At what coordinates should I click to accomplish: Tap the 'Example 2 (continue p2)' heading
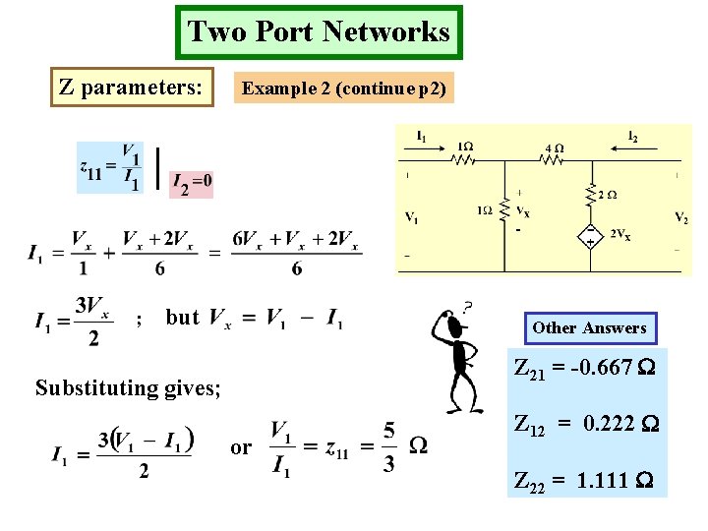344,88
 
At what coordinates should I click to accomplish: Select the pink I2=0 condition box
192,182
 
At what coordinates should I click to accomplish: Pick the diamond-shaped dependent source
590,234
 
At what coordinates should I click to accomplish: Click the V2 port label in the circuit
681,216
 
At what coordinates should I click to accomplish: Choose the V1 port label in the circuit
410,217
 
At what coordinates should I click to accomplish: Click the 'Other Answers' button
589,327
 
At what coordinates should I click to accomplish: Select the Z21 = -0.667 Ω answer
586,372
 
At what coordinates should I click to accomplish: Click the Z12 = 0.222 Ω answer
586,425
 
